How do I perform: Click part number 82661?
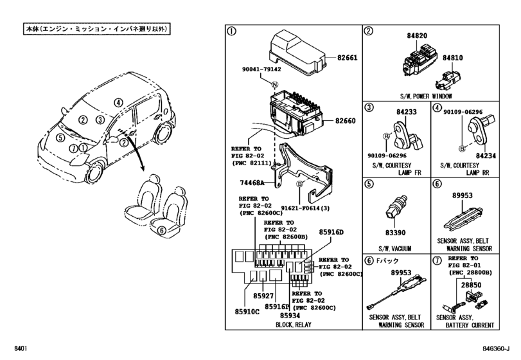pos(346,57)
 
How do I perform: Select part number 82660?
pos(346,121)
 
